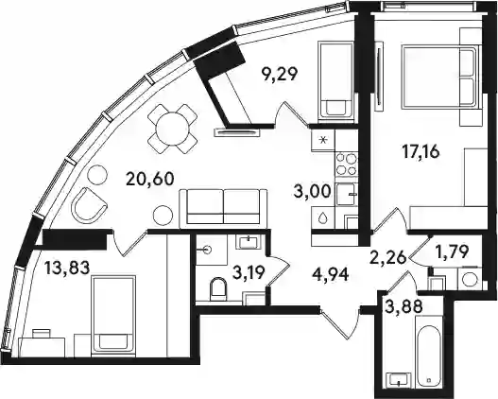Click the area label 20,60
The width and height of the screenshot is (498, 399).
tap(150, 179)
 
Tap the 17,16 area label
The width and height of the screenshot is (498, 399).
tap(421, 152)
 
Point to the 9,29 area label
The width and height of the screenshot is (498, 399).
tap(279, 75)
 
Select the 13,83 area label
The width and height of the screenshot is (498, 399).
tap(67, 268)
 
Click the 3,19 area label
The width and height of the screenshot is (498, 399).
tap(249, 273)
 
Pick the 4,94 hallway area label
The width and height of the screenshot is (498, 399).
tap(331, 274)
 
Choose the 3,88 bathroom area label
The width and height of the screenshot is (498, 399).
tap(404, 306)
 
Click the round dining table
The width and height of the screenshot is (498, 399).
tap(172, 129)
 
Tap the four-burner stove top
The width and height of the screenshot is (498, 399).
tap(346, 164)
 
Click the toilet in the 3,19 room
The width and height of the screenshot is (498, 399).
tap(218, 288)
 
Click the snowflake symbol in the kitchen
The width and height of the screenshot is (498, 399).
tap(323, 140)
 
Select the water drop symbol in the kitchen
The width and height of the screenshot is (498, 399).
tap(323, 217)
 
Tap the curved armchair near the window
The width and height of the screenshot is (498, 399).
tap(89, 205)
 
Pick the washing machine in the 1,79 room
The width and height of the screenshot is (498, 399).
tap(470, 280)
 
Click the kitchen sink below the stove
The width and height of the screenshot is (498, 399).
tap(347, 195)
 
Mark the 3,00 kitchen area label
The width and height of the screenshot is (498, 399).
tap(313, 192)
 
